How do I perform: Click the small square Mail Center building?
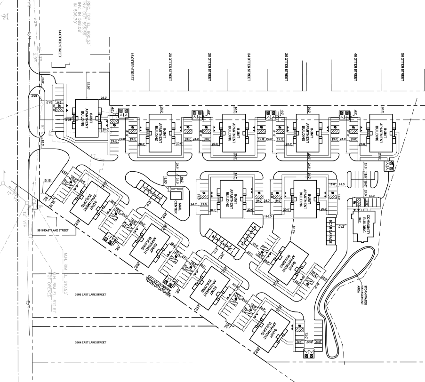tap(176, 195)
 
